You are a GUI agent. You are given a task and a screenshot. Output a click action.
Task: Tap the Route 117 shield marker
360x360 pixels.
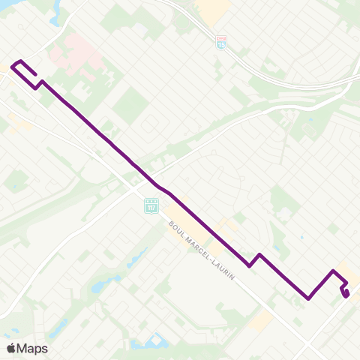(x=151, y=204)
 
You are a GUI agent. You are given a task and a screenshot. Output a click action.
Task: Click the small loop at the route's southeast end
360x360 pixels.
(x=345, y=291)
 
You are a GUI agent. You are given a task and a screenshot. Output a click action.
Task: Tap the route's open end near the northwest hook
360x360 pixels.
(x=36, y=76)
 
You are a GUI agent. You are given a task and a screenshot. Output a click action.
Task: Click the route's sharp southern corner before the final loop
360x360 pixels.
(x=308, y=298)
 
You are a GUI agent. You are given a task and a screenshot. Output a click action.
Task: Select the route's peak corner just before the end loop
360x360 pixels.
(x=333, y=271)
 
